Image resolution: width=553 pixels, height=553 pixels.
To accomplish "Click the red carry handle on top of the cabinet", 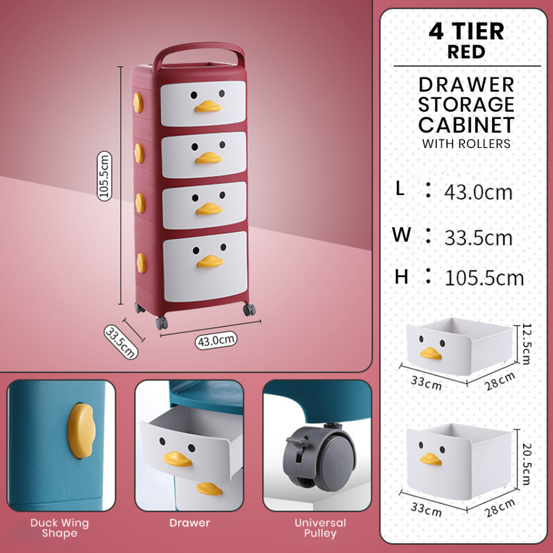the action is (199, 46).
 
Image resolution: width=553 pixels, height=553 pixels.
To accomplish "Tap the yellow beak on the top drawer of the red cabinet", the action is (208, 106).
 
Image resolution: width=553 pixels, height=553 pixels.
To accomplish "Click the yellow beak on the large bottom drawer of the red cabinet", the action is (210, 261).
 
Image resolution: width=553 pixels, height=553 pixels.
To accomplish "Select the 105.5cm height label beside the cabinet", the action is (104, 176).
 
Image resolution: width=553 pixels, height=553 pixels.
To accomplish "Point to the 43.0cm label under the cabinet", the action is (216, 341).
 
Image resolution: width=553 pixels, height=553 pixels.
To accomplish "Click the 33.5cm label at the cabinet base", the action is (121, 342).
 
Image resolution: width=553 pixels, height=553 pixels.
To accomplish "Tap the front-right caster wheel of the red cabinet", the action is (249, 309).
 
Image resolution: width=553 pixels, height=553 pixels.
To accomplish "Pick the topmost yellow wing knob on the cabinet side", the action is (138, 103).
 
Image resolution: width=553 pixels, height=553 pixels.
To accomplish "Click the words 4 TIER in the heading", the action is (466, 31).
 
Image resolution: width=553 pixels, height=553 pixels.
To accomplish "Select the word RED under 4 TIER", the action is (466, 52).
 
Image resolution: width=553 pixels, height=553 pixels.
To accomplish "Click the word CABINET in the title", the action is (466, 125).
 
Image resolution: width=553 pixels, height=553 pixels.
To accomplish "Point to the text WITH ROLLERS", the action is (466, 144).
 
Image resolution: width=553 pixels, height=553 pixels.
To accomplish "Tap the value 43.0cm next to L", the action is (478, 193).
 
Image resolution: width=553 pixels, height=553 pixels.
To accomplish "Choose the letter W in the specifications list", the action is (401, 234).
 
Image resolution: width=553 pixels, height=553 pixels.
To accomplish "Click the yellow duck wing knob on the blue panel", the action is (81, 431).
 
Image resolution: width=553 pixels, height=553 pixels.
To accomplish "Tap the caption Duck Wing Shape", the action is (59, 528).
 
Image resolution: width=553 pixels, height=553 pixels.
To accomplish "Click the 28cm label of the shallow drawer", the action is (500, 381).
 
